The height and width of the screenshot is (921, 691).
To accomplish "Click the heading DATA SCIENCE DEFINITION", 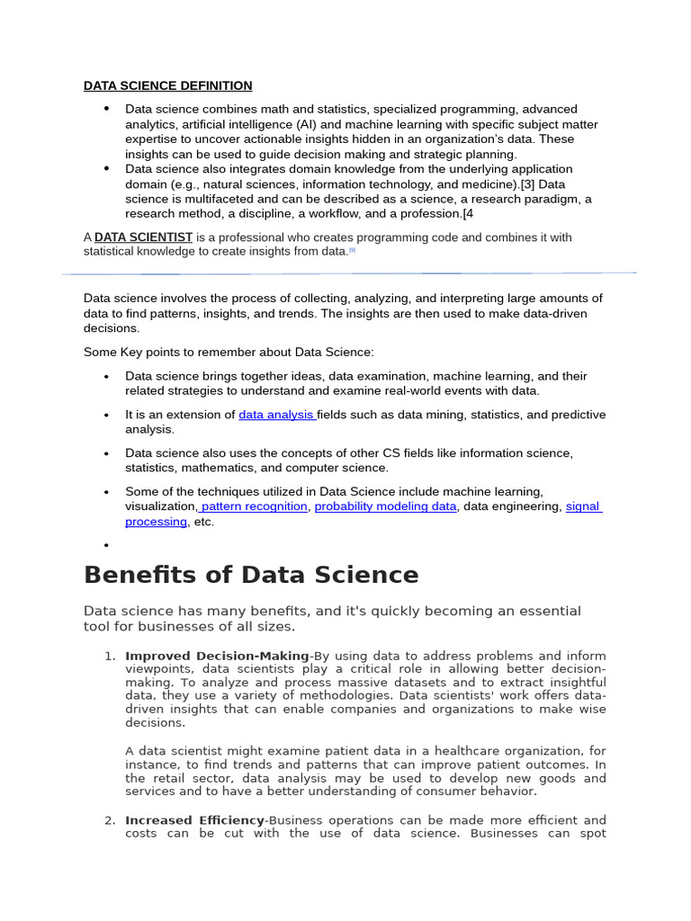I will click(x=167, y=85).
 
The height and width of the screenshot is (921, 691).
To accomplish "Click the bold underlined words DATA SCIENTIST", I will click(x=143, y=237).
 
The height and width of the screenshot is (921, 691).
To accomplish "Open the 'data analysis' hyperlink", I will click(x=275, y=415).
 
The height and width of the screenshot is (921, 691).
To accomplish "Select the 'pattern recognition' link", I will click(x=255, y=506).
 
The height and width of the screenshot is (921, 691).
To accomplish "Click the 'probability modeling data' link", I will click(x=385, y=506).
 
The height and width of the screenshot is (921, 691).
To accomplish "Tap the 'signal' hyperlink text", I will click(x=582, y=506).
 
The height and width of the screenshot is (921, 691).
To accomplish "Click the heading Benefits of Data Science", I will click(x=251, y=575).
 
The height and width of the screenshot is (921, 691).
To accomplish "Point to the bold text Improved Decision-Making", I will click(x=217, y=656).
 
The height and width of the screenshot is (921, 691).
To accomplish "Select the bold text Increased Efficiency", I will click(x=195, y=820).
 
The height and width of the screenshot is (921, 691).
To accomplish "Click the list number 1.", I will click(x=109, y=656).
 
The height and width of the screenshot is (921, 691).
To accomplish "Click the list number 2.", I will click(x=109, y=820).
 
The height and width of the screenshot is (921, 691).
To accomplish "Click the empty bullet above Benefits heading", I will click(x=106, y=545).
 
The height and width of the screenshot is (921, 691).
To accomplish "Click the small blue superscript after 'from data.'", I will click(x=352, y=250).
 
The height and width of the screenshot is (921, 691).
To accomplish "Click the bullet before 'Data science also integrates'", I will click(x=106, y=168).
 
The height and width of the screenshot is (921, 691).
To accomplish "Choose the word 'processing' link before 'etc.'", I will click(x=156, y=522).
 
